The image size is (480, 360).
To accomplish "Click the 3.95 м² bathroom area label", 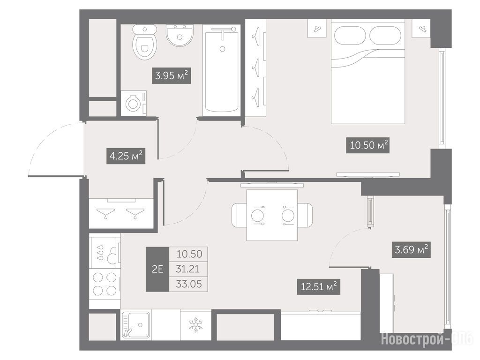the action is (172, 75).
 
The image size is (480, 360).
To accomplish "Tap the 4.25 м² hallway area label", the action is (126, 156).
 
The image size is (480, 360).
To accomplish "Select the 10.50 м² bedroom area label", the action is (369, 145).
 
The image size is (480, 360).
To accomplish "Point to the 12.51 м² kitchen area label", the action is (318, 287).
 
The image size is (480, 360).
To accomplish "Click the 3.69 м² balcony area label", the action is (411, 250).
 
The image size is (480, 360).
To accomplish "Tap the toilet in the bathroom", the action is (145, 42).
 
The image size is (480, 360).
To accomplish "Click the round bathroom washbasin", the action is (180, 35).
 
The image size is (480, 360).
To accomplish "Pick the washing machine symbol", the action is (134, 104).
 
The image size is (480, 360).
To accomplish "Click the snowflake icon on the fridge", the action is (195, 325).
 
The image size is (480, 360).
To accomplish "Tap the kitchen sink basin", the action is (136, 325).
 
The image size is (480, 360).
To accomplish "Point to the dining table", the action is (272, 215).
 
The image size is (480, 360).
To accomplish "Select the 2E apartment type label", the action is (157, 269).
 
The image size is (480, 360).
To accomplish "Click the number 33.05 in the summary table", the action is (189, 284).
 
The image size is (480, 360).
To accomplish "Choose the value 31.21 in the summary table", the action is (187, 269).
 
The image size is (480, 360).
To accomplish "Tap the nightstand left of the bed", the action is (316, 29).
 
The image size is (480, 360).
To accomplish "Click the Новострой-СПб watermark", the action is (427, 339).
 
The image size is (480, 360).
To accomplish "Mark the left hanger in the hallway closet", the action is (105, 213).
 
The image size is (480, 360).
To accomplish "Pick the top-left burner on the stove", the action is (97, 278).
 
